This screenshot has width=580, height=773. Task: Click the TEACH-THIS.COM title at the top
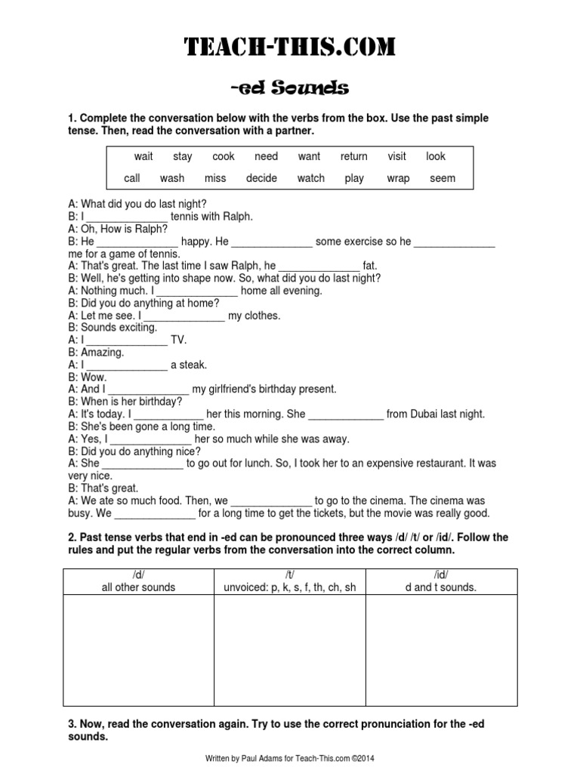click(x=290, y=47)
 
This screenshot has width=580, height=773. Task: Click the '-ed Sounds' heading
click(x=290, y=89)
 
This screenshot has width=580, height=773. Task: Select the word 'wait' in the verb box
click(x=143, y=157)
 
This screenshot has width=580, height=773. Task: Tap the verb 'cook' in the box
click(x=224, y=157)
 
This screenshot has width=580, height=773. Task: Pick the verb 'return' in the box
click(x=353, y=157)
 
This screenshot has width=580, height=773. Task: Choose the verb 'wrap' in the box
click(x=398, y=179)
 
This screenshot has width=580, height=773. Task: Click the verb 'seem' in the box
click(x=443, y=179)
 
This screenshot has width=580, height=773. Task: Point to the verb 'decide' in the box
click(x=261, y=179)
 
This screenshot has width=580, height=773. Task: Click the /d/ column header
click(x=138, y=581)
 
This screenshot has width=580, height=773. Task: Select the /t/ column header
click(x=290, y=581)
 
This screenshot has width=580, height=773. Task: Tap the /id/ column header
click(x=442, y=581)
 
